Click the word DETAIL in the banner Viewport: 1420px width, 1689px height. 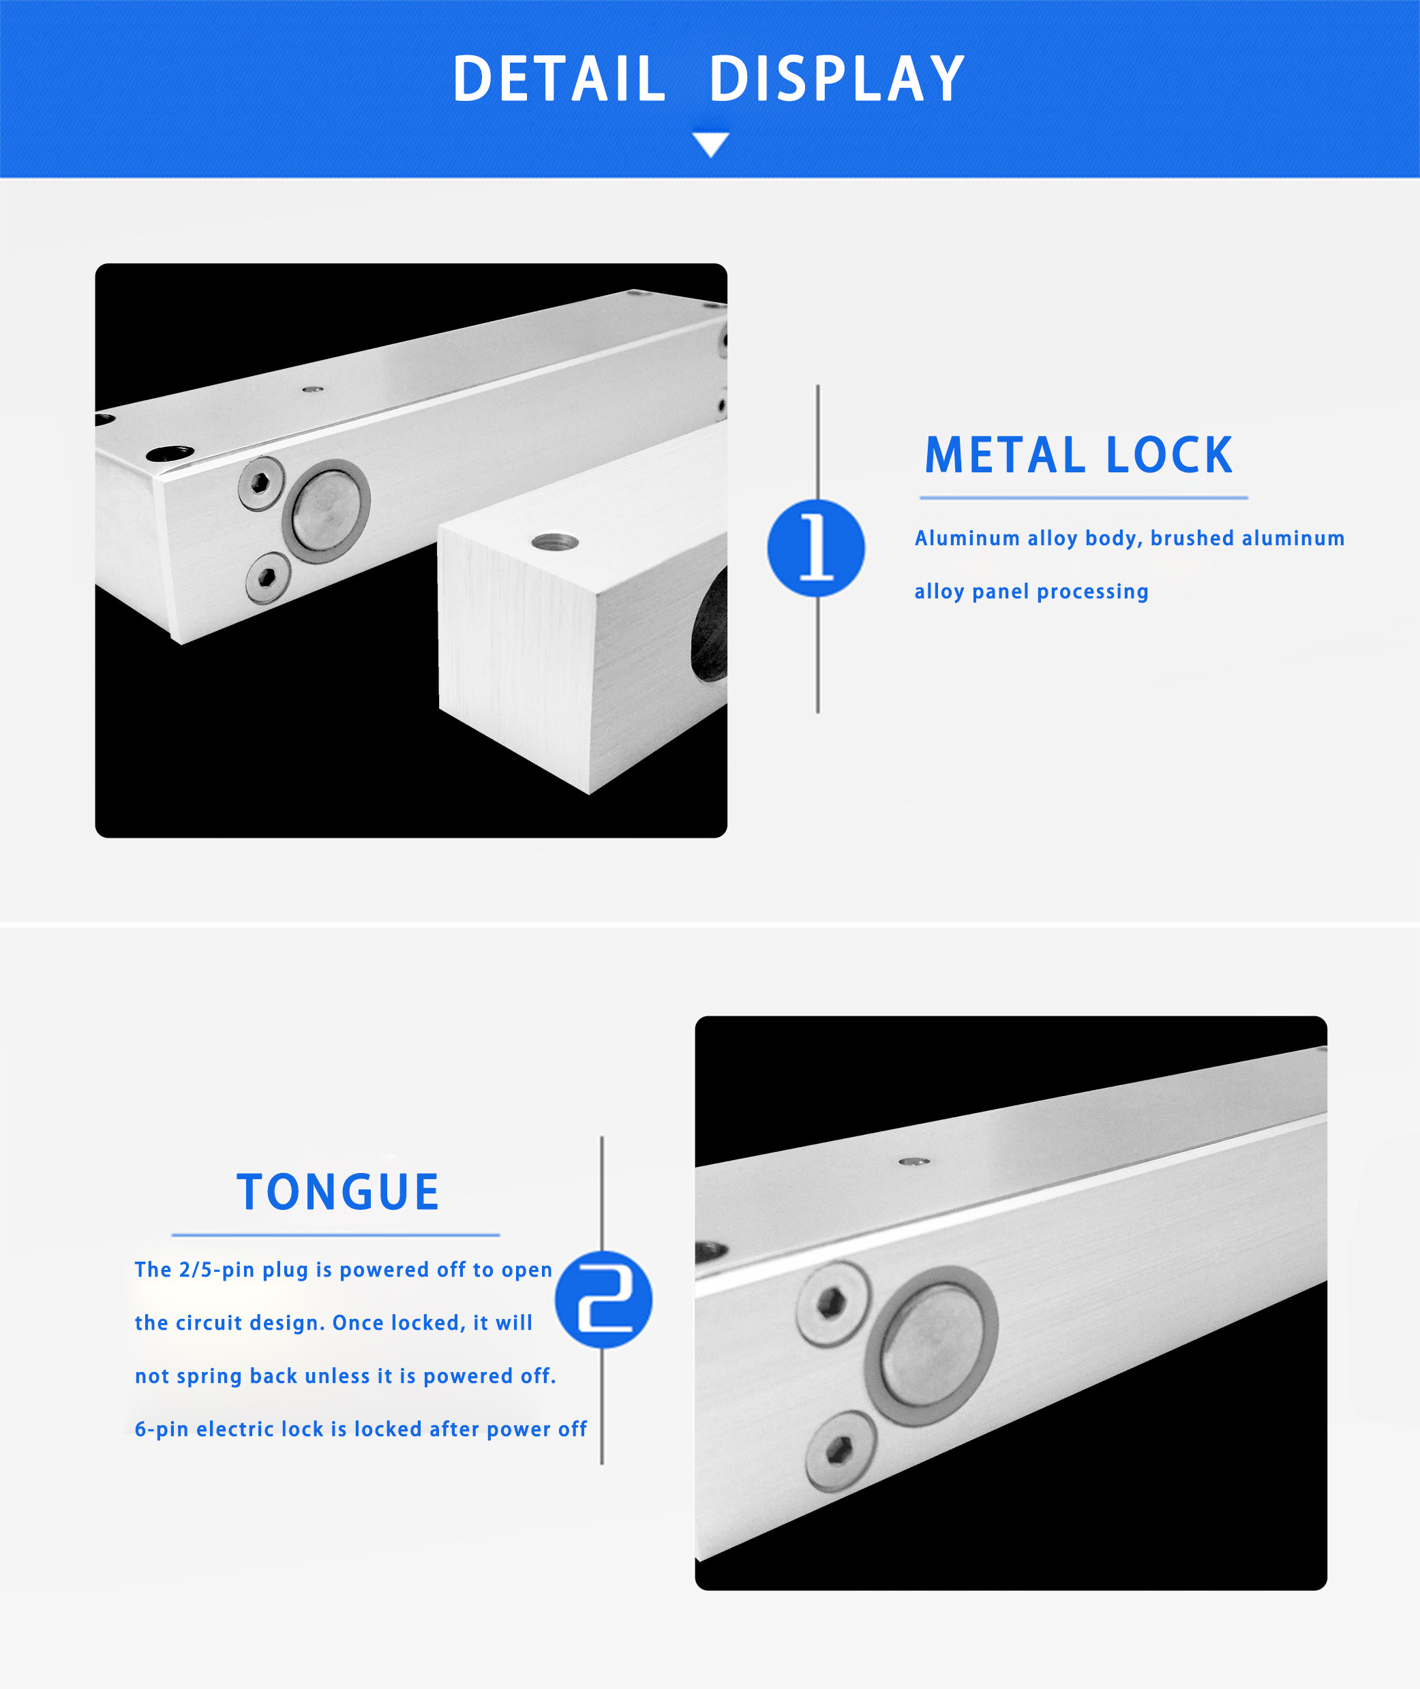pos(560,79)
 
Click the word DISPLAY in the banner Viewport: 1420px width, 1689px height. pos(837,79)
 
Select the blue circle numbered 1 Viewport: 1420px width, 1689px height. pos(816,548)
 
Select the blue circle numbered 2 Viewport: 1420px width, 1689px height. pos(604,1300)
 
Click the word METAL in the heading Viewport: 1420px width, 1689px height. pos(1006,455)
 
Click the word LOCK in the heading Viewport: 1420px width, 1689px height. pos(1170,455)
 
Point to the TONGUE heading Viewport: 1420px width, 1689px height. pos(338,1191)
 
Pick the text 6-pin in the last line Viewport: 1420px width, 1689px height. pos(162,1429)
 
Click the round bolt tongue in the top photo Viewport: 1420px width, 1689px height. pos(326,511)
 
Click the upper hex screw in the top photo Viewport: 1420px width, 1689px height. pos(261,483)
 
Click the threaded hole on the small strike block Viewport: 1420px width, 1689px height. pos(556,542)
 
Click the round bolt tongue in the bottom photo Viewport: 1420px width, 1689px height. pos(932,1345)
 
